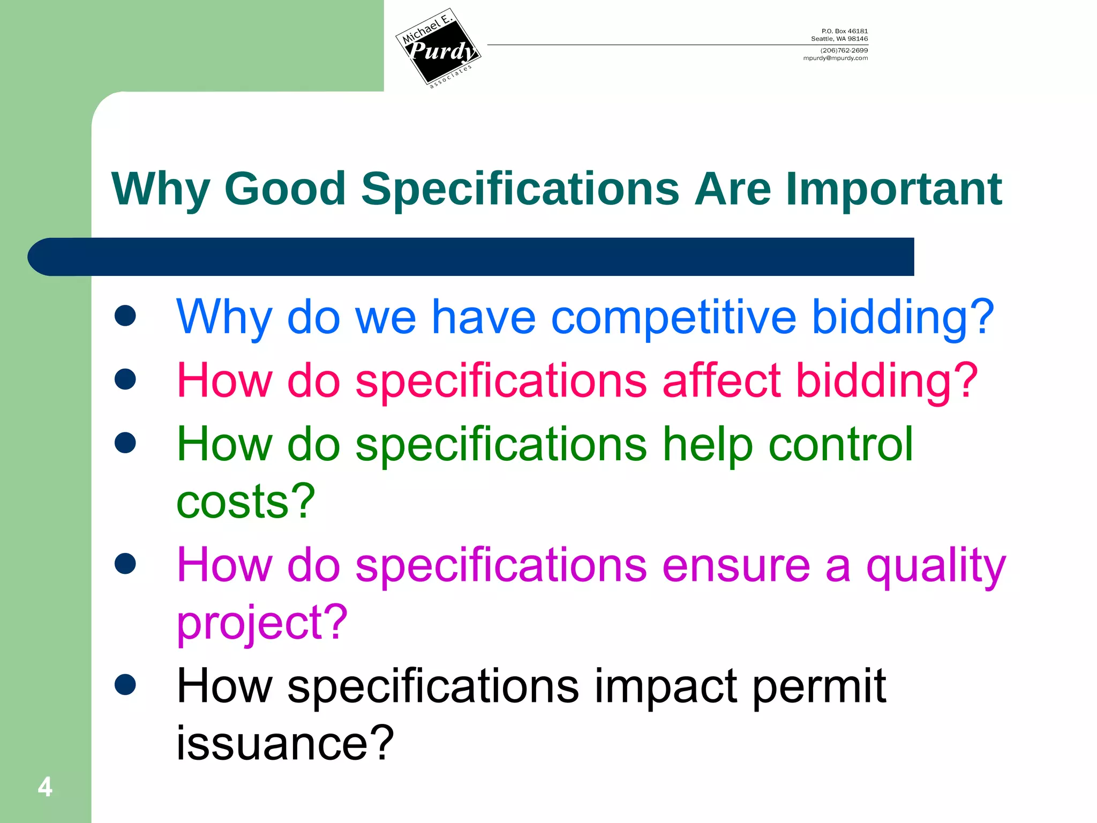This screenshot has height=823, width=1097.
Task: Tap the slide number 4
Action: click(45, 787)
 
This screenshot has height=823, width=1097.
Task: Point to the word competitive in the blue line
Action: click(673, 318)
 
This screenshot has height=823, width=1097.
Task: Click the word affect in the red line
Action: click(721, 380)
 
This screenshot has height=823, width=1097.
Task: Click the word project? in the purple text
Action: click(262, 623)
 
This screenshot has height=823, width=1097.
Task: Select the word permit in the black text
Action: click(819, 686)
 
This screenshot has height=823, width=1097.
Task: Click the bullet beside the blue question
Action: click(125, 316)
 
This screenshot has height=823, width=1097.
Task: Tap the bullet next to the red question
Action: click(125, 379)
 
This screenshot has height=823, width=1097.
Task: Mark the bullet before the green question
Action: click(125, 443)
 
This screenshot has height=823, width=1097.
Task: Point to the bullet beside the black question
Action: click(125, 684)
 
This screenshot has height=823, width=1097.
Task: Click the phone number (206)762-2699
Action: click(844, 50)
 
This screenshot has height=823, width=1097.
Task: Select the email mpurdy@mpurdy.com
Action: click(835, 58)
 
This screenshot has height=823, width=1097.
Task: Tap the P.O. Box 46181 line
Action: click(844, 31)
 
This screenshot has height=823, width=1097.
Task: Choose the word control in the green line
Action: click(840, 444)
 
